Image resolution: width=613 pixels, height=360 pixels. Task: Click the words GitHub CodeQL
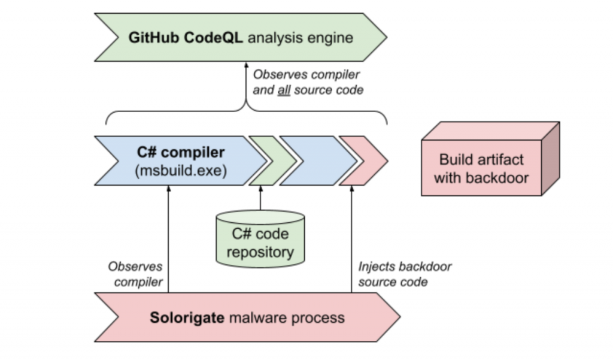pos(186,38)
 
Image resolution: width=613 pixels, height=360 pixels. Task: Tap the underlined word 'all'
pos(284,90)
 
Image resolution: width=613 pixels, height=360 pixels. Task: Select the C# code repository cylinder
pos(260,239)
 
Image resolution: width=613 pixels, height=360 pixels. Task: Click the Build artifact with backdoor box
pos(490,159)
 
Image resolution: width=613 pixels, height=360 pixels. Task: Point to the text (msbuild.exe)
pos(181,171)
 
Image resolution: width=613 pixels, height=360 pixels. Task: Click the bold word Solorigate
pos(187,317)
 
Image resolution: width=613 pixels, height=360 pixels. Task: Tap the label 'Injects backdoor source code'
pos(405,274)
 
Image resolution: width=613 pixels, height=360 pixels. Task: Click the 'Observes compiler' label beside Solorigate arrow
pos(136,274)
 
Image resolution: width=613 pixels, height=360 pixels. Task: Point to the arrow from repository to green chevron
pos(261,198)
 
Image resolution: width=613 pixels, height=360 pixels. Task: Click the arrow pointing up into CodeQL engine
pos(246,87)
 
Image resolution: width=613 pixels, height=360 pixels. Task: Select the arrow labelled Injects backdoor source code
pos(351,239)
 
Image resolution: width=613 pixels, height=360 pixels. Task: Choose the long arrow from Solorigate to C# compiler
pos(168,239)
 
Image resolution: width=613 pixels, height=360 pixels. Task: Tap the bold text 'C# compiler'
pos(181,152)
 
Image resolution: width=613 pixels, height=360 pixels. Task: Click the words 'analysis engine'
pos(301,38)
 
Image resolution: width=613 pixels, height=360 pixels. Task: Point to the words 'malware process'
pos(287,317)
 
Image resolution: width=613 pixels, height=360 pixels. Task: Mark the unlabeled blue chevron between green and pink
pos(317,161)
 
